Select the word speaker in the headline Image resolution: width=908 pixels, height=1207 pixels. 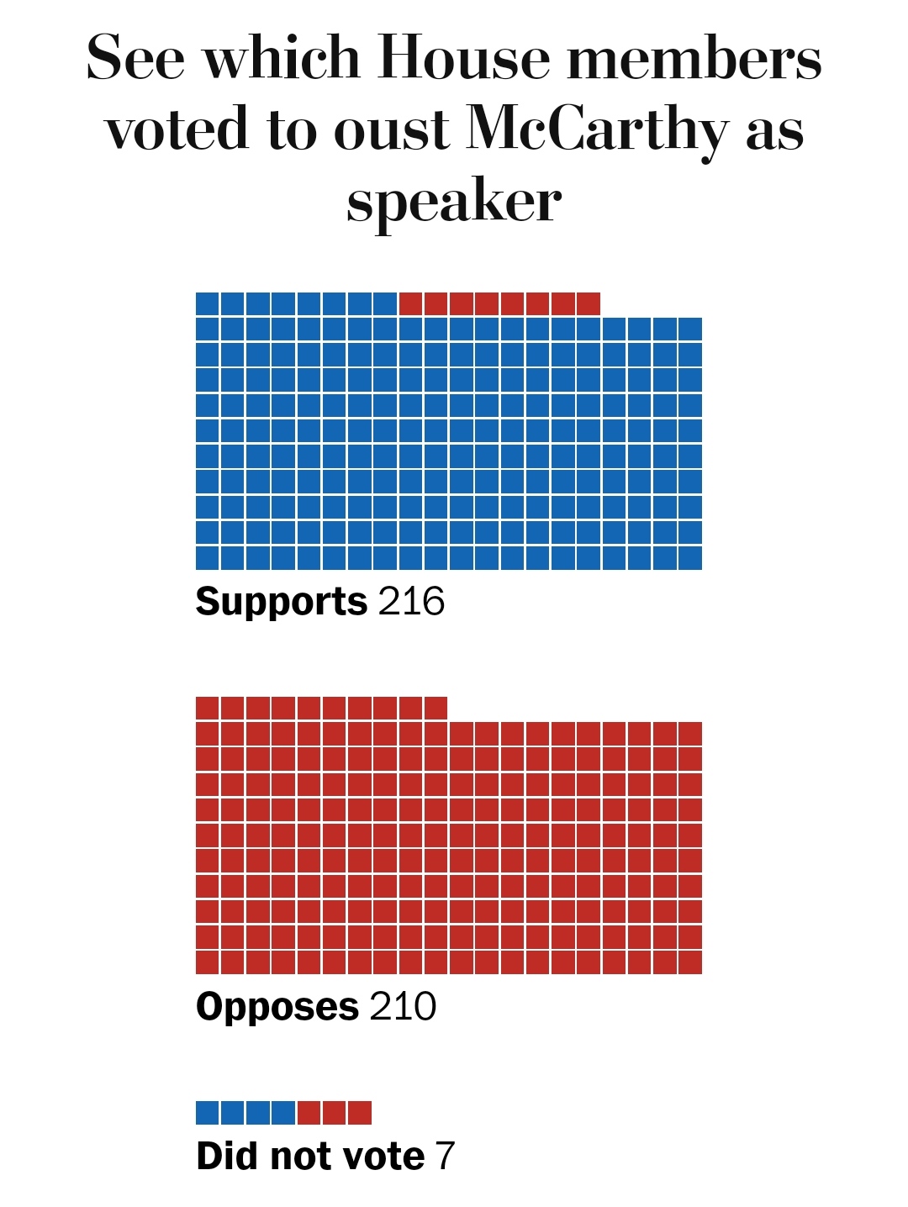coord(454,202)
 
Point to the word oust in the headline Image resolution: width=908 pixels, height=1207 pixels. coord(392,131)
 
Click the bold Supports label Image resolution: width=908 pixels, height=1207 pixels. coord(281,601)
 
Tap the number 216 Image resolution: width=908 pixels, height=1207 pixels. coord(411,601)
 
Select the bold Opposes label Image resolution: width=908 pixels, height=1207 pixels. coord(277,1006)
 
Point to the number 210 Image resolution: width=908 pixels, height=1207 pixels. coord(403,1006)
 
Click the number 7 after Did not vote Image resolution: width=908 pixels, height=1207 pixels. coord(445,1156)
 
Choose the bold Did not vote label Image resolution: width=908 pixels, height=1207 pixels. coord(310,1156)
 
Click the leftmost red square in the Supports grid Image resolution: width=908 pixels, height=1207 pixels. coord(410,303)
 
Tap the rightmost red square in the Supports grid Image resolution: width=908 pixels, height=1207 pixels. coord(589,303)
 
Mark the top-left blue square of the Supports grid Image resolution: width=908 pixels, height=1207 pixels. coord(207,303)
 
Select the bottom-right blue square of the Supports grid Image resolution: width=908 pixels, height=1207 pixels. coord(690,558)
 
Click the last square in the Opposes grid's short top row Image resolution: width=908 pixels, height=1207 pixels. coord(436,708)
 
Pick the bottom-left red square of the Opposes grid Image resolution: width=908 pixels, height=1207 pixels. coord(207,962)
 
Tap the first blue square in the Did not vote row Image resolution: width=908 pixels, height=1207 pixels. coord(207,1113)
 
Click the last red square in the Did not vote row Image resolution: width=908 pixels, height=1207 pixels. coord(360,1113)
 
